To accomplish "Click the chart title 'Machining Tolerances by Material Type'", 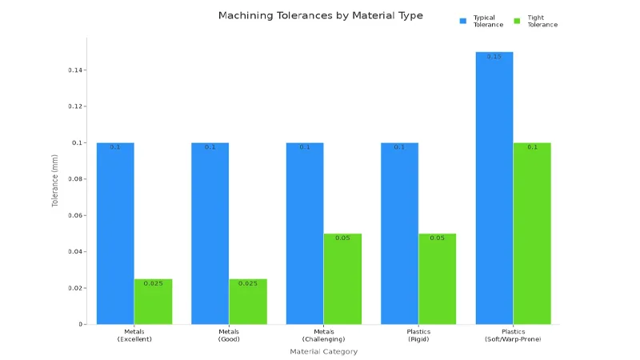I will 320,15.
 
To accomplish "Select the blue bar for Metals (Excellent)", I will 115,233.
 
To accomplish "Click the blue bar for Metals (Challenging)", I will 305,233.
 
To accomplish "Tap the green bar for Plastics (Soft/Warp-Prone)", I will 532,233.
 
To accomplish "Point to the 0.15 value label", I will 494,57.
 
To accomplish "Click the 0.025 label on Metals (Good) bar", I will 248,283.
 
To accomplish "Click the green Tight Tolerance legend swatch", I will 517,20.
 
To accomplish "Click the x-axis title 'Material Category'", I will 323,351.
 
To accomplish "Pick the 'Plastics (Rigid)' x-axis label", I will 418,335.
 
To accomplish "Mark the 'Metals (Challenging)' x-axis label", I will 323,335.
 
